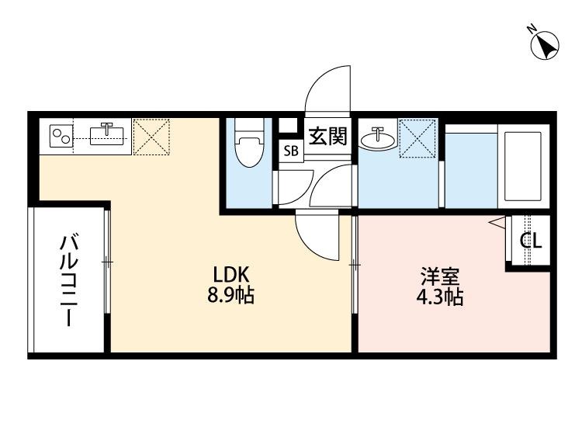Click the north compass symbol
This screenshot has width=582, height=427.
pos(545,46)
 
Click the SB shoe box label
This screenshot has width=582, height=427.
pos(291,151)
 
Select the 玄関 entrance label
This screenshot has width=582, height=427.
pos(328,136)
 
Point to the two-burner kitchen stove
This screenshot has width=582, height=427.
pos(61,136)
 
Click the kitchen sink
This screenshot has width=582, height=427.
pos(107,135)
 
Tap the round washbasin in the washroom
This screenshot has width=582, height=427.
pos(377,140)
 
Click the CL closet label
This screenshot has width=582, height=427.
pos(531,241)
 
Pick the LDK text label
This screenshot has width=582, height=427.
pos(230,275)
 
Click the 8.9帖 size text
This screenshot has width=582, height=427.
pos(230,296)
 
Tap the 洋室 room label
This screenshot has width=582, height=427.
pos(440,276)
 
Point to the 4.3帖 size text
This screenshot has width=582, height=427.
pos(440,297)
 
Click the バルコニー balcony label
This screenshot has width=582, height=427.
pos(69,280)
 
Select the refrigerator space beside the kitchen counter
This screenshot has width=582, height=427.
pos(151,137)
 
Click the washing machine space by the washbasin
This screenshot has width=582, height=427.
pos(418,138)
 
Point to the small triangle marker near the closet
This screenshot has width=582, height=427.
pos(497,223)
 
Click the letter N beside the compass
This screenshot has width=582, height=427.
pos(532,29)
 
